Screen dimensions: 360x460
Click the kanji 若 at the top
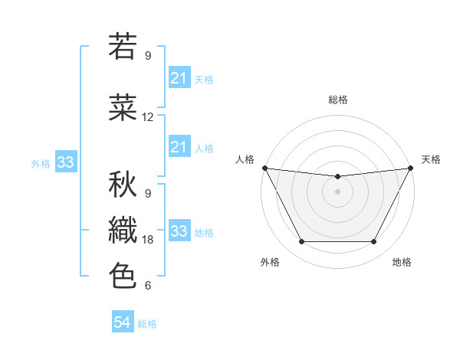coord(123,47)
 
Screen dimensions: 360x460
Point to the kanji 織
coord(123,231)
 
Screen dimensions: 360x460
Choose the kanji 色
coord(123,275)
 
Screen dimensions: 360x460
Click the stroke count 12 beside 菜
coord(148,117)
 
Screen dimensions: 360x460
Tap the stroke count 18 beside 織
coord(148,240)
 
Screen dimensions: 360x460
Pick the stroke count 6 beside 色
coord(147,286)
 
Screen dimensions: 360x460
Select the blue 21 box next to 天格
coord(179,77)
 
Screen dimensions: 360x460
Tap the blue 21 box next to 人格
coord(179,146)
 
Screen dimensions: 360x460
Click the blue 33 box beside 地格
coord(179,231)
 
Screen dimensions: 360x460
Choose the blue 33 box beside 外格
coord(65,162)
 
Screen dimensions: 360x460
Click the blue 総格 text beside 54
coord(147,324)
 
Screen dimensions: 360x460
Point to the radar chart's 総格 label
coord(337,100)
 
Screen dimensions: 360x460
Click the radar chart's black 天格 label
coord(432,159)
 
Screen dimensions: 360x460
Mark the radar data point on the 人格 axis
coord(264,168)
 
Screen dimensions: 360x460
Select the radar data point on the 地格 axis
coord(373,242)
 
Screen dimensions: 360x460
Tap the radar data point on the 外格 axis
coord(301,242)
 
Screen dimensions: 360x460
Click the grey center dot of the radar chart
coord(337,191)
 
